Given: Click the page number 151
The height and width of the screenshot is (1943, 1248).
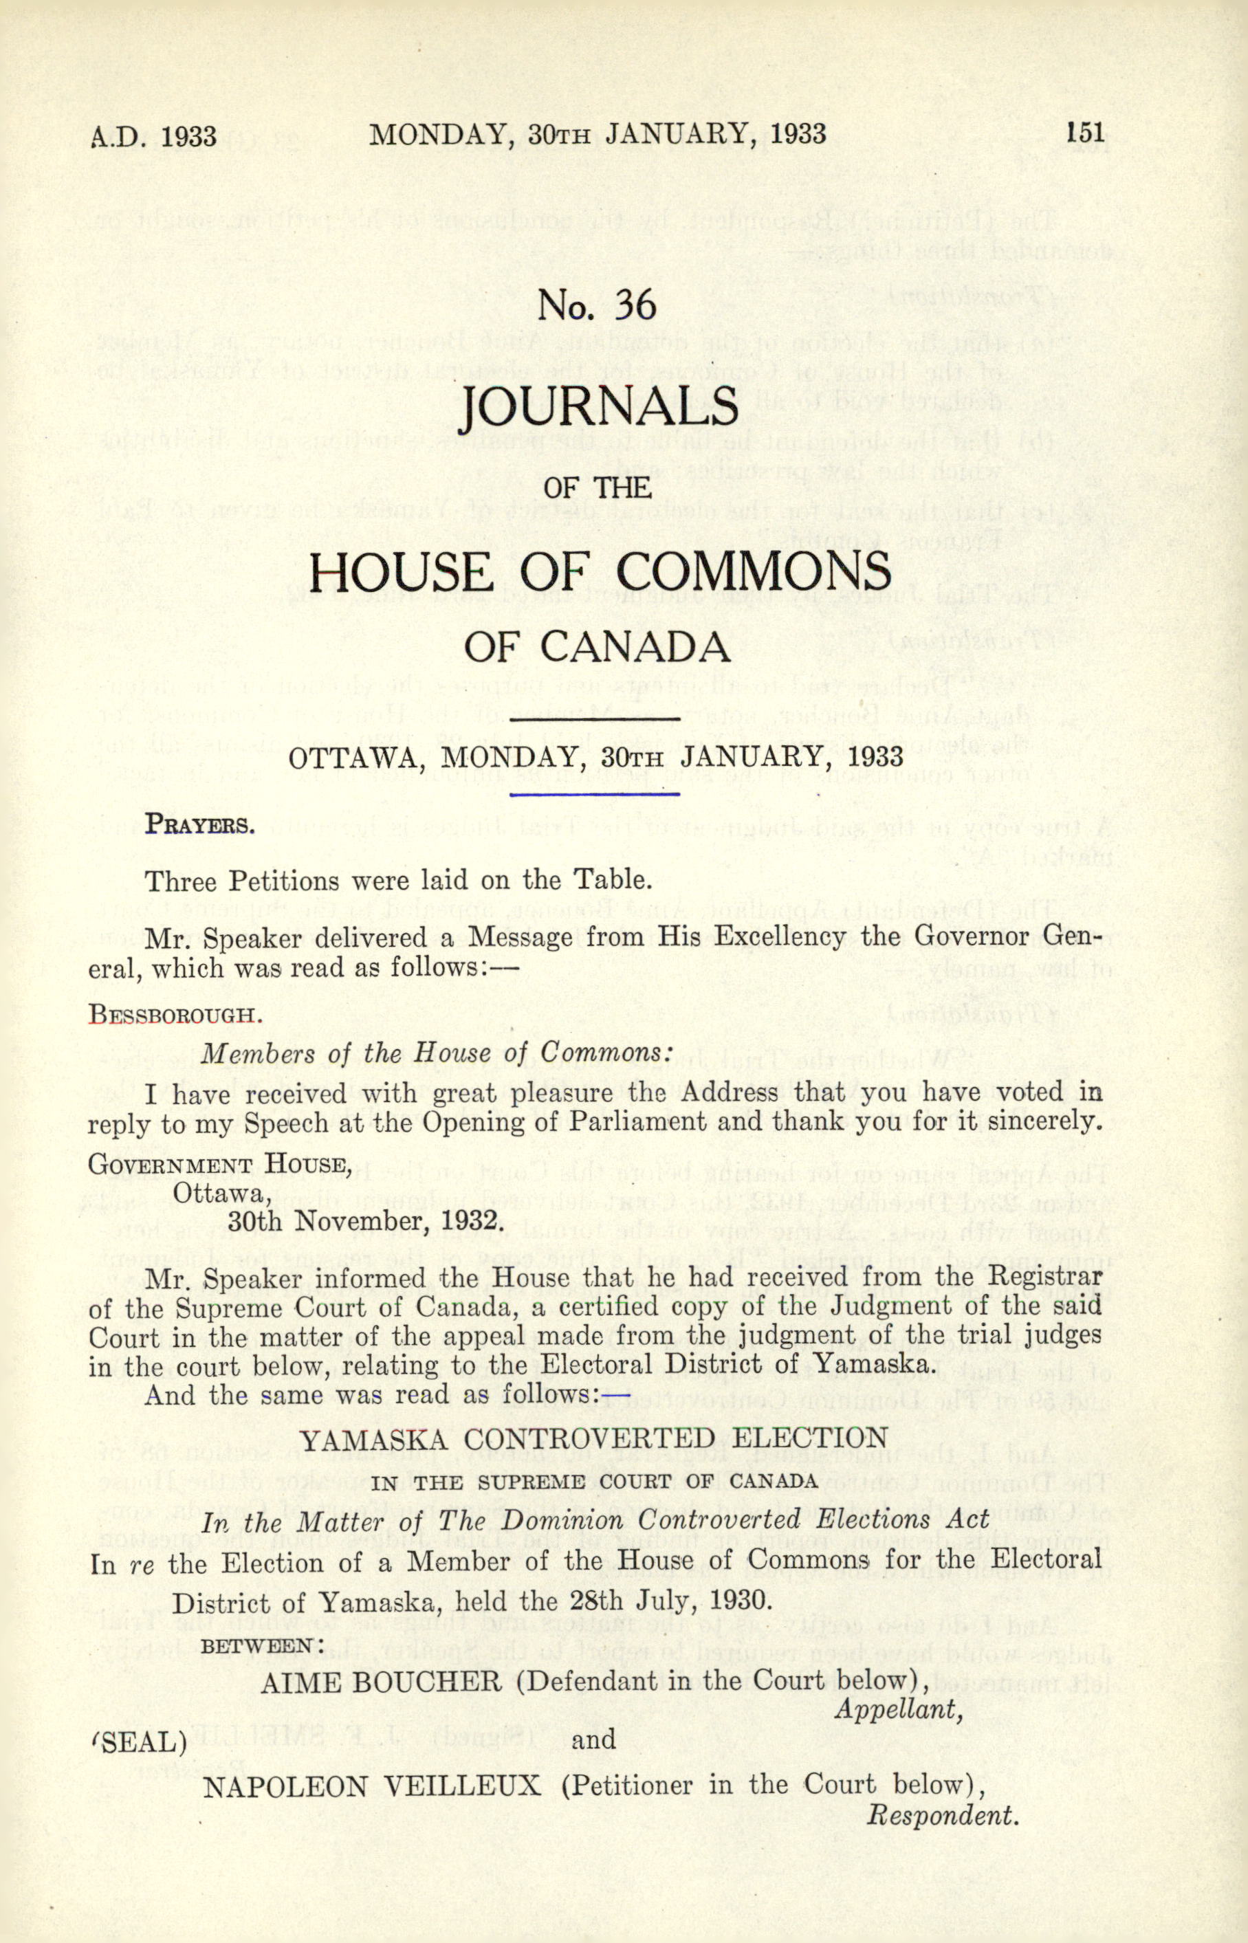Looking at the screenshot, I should (x=1086, y=132).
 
